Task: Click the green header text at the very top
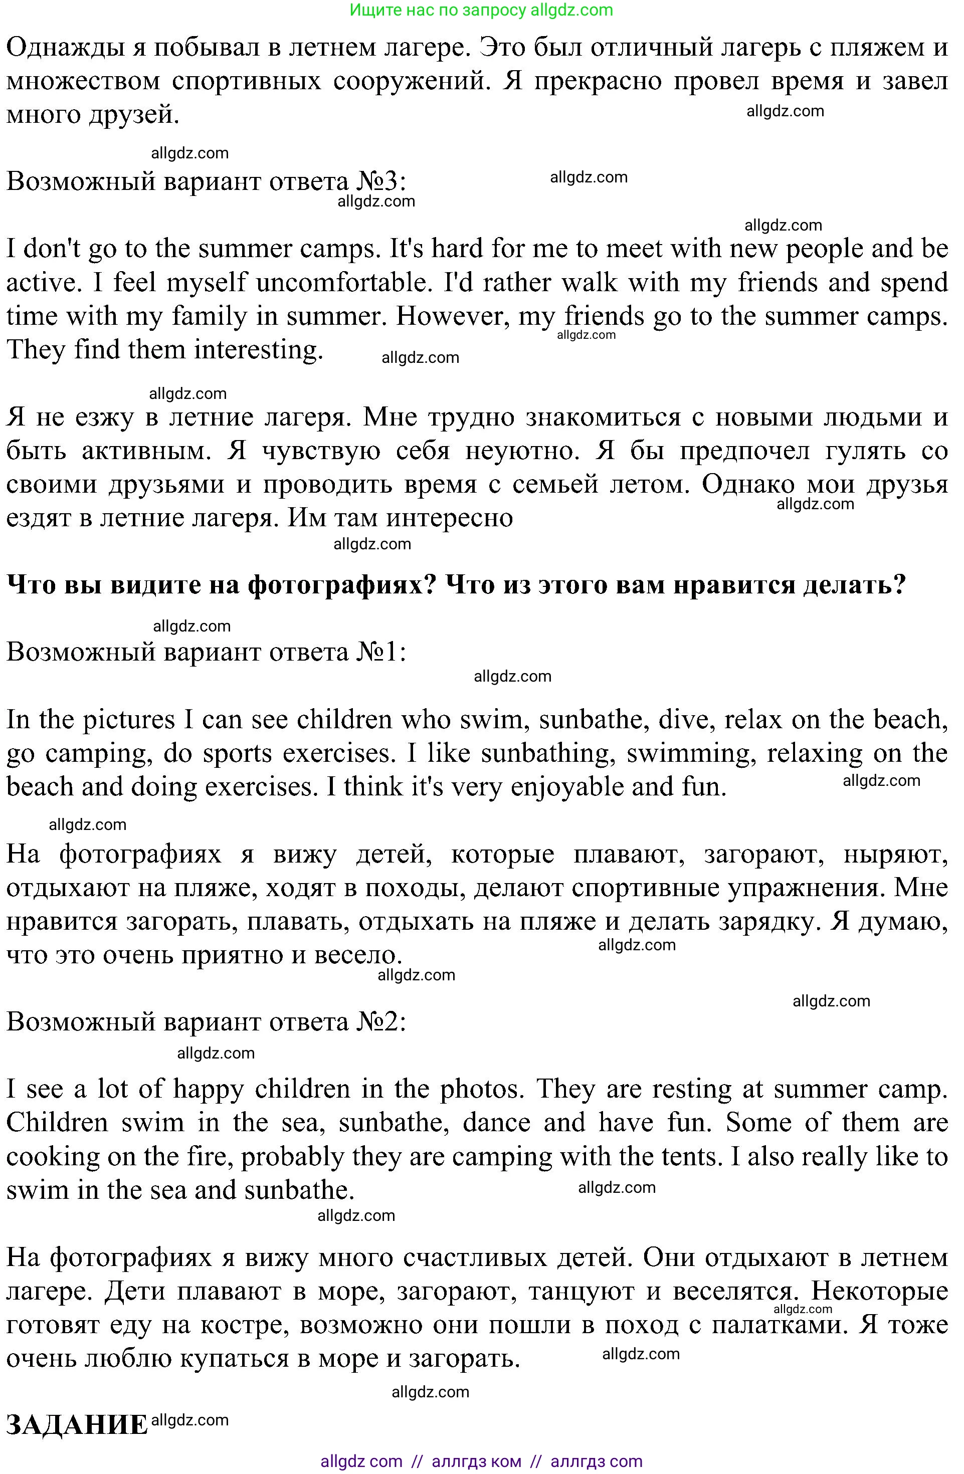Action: pos(481,10)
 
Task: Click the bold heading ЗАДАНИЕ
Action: pos(77,1425)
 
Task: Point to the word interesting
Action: pos(258,350)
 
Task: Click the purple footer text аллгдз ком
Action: pos(476,1461)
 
